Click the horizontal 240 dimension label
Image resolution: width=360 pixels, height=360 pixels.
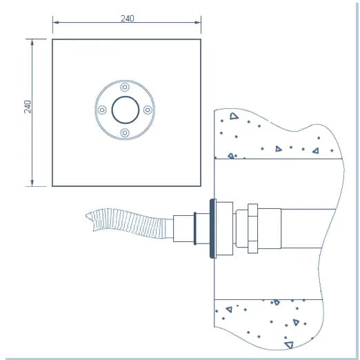[128, 19]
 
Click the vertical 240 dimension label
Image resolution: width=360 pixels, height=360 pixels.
[28, 107]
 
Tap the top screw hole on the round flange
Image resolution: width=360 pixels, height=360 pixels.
[125, 88]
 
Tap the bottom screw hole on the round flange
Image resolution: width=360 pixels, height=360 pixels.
[125, 132]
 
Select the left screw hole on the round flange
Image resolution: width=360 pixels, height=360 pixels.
[102, 110]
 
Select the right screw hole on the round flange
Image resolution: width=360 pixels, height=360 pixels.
[148, 110]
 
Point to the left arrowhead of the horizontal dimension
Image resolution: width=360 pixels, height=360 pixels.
[56, 23]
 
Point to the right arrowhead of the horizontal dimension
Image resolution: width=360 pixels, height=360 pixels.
[198, 23]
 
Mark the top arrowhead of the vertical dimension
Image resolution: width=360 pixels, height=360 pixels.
[32, 42]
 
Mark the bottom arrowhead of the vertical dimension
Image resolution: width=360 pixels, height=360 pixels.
[32, 183]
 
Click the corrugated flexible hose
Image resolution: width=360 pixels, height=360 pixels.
[129, 223]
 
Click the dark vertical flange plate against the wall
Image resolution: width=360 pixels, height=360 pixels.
[213, 228]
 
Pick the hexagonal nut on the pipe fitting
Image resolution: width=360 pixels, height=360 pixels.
[252, 228]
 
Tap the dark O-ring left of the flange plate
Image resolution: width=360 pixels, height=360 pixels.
[195, 228]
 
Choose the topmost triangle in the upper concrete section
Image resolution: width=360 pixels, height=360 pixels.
[234, 116]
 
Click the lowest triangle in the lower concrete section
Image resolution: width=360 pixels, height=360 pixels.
[289, 345]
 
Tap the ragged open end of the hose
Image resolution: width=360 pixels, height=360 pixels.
[90, 219]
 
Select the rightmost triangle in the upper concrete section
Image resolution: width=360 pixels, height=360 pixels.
[316, 151]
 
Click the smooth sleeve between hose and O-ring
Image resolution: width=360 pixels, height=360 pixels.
[183, 228]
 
